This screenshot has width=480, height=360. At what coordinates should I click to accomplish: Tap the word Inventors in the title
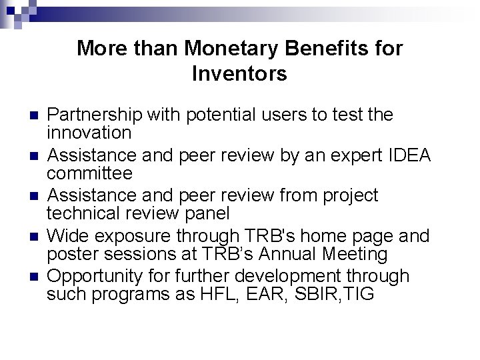coord(239,73)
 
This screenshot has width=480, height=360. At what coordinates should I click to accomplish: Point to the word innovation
coord(89,133)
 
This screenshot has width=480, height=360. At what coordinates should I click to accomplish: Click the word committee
coord(89,173)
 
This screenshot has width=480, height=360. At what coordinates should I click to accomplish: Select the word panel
coord(207,213)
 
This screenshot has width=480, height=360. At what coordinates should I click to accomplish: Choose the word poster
coord(69,254)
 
